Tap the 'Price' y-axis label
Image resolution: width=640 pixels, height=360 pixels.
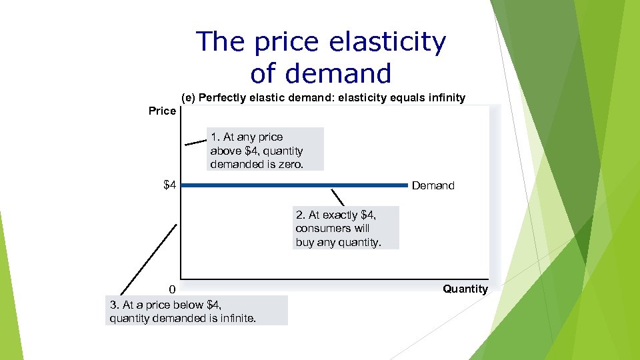pos(162,111)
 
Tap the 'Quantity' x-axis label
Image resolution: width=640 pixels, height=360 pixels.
pos(465,289)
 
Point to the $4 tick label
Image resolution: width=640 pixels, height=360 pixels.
pos(170,185)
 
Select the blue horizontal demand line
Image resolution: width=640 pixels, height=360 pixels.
pos(293,185)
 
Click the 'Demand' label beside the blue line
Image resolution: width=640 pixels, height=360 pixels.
pos(433,185)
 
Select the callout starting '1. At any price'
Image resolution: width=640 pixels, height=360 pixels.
pos(265,150)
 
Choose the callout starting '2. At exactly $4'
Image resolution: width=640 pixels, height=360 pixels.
pos(347,228)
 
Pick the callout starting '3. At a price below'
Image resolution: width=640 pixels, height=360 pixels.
pos(196,311)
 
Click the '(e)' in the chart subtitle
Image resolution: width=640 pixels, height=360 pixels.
pos(189,98)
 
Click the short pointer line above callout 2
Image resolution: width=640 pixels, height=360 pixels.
pos(338,197)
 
